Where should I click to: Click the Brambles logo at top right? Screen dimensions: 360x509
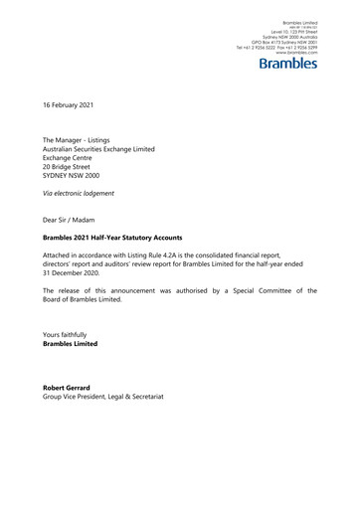(x=287, y=65)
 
